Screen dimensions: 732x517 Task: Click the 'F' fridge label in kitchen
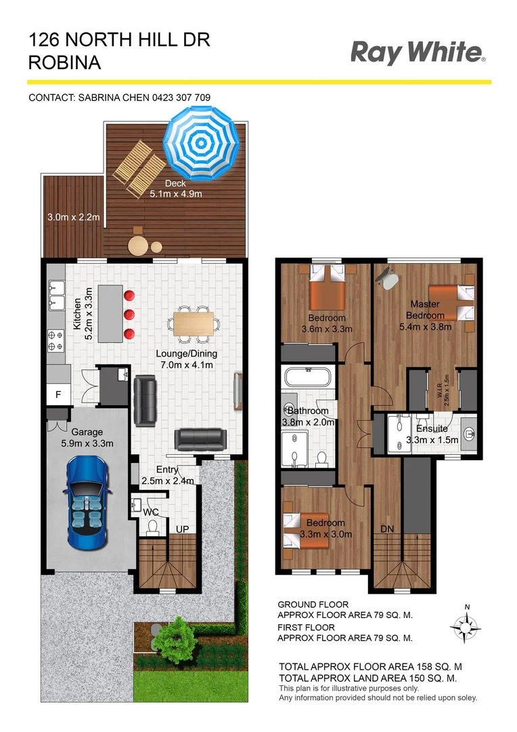pyautogui.click(x=58, y=394)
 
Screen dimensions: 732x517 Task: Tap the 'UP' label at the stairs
pyautogui.click(x=182, y=529)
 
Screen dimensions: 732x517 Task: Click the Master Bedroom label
pyautogui.click(x=425, y=310)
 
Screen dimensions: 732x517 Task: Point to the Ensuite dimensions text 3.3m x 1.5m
pyautogui.click(x=432, y=439)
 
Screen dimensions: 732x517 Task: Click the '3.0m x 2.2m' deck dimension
pyautogui.click(x=73, y=218)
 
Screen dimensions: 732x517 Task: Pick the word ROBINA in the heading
pyautogui.click(x=65, y=63)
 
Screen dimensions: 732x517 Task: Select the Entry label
pyautogui.click(x=168, y=470)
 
